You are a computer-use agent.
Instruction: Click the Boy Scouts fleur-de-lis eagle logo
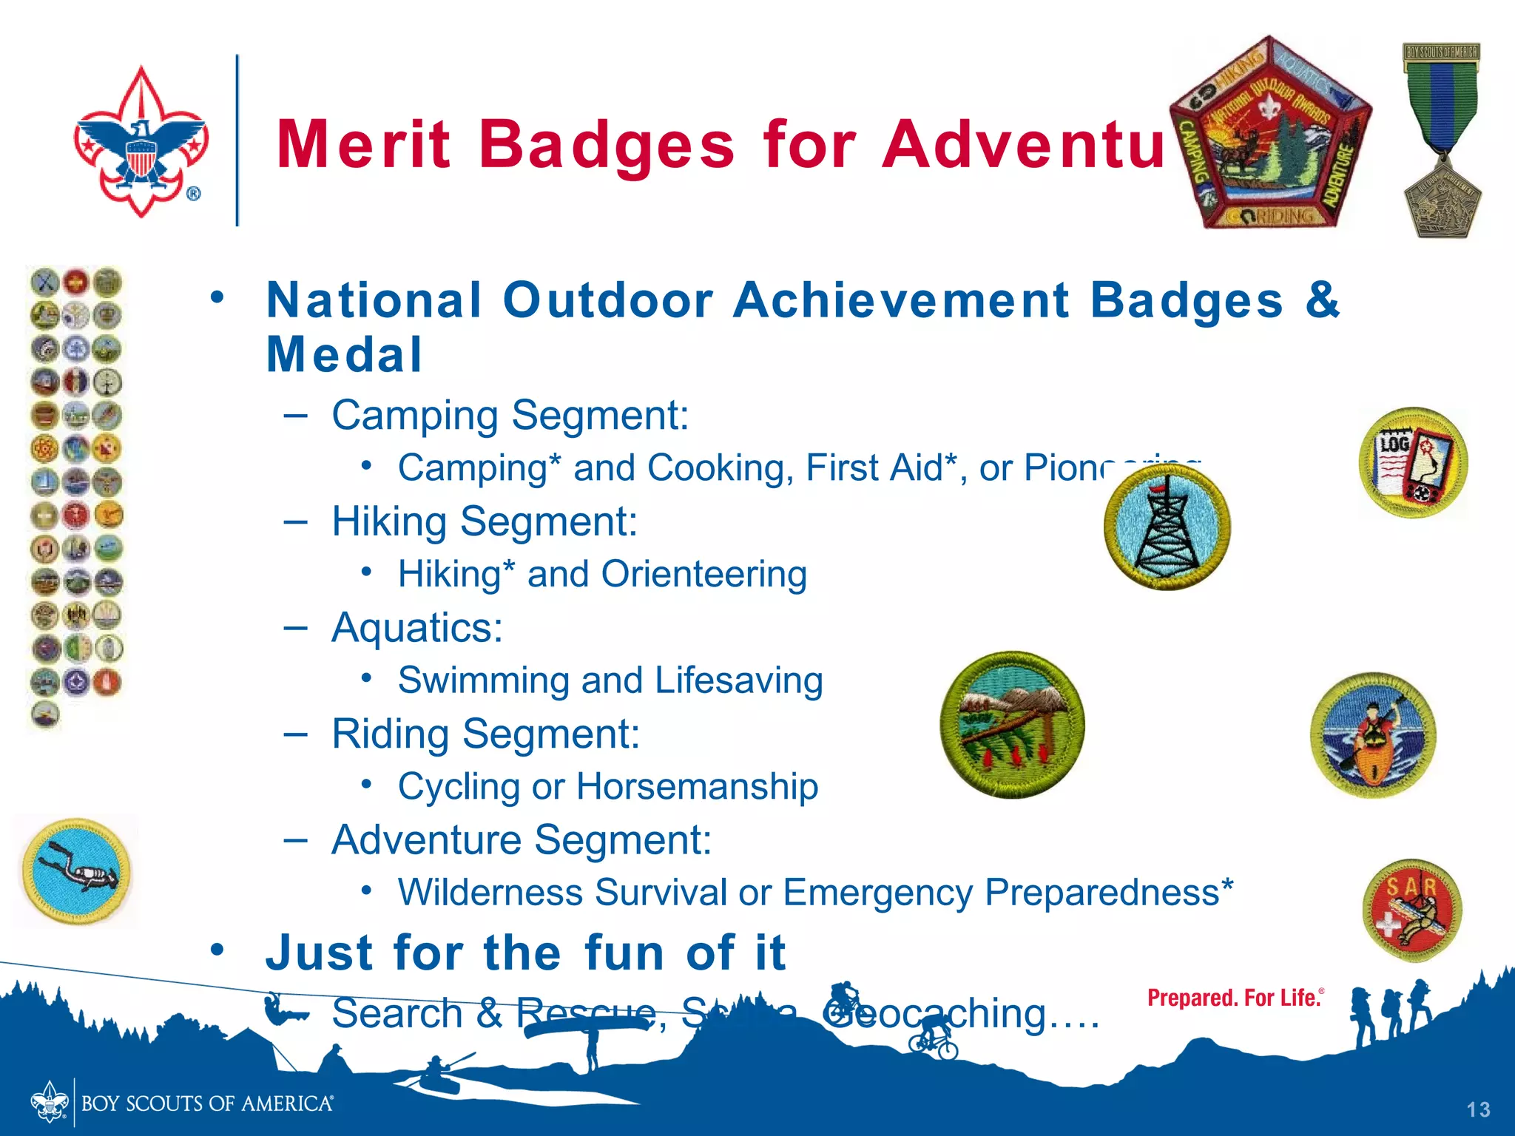[x=141, y=142]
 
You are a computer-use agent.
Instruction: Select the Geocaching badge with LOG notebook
[x=1413, y=463]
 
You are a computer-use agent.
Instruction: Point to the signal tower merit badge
[x=1167, y=527]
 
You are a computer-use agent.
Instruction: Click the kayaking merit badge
[x=1373, y=735]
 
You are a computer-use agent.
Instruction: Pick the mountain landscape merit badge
[x=1012, y=725]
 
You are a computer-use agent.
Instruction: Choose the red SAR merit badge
[x=1411, y=910]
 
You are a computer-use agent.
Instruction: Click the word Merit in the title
[x=362, y=145]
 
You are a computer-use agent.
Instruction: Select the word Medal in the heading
[x=344, y=355]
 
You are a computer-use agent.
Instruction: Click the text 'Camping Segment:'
[x=510, y=416]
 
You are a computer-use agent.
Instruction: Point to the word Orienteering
[x=703, y=575]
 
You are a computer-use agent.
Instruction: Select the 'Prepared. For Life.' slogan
[x=1234, y=998]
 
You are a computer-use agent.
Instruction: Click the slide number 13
[x=1478, y=1109]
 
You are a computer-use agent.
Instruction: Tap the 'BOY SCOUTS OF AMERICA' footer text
[x=206, y=1104]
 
